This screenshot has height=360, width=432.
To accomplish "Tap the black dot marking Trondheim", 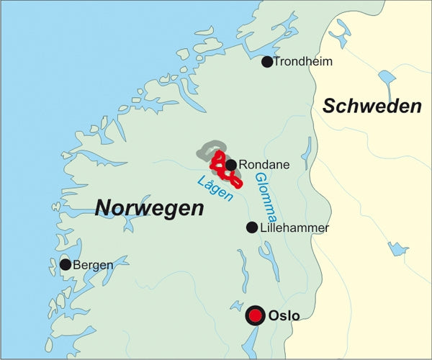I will point(267,62).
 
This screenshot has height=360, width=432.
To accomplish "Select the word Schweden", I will point(372,107).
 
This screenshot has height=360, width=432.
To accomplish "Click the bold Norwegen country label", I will point(150,209).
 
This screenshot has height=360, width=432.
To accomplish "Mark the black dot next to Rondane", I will point(231,165).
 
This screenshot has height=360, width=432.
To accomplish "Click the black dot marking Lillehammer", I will point(252,228).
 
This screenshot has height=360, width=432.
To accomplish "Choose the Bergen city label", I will point(93,265).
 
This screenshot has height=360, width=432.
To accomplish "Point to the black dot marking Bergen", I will point(66,265).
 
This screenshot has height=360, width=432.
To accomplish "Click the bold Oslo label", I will point(283,315).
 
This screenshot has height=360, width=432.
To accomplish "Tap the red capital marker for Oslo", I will point(256,315).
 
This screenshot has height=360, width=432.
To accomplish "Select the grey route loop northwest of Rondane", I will point(207,150).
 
